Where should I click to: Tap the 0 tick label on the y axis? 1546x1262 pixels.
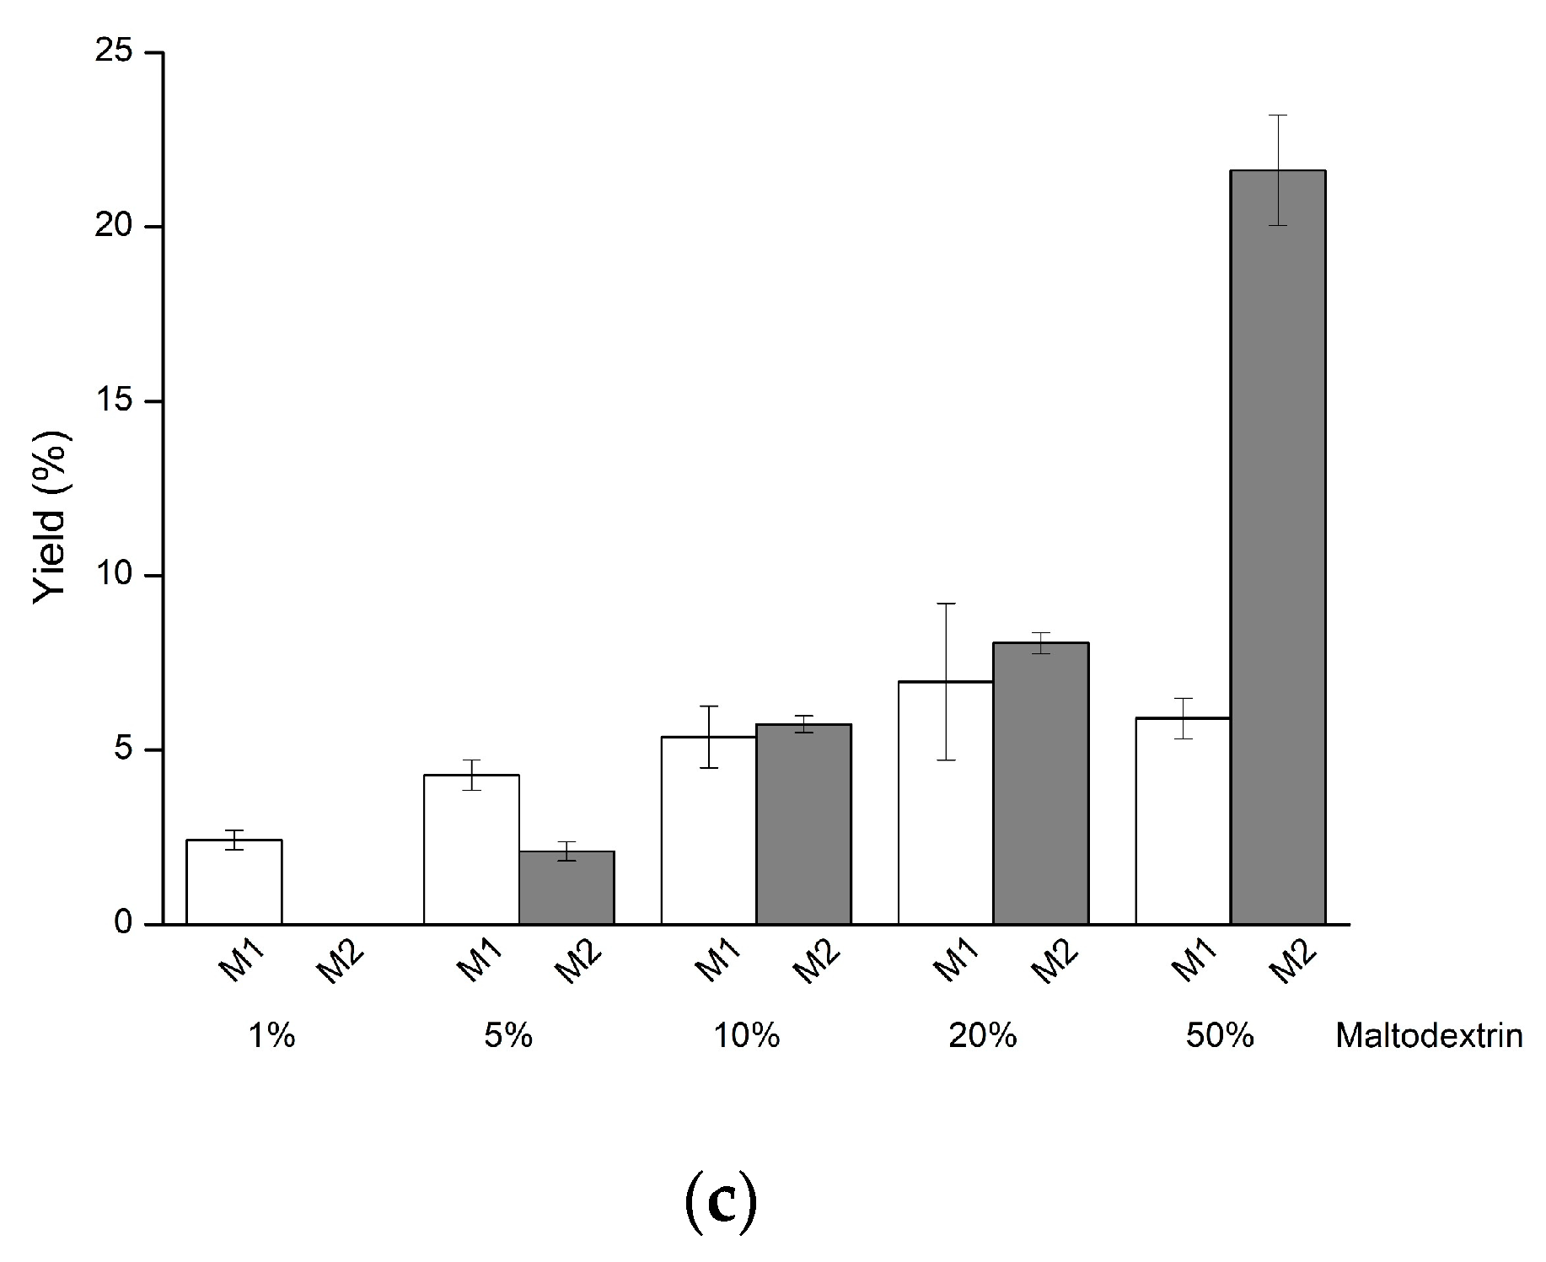124,924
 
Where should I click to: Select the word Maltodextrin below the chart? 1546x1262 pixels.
1429,1035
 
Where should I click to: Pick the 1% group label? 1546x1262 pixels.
271,1035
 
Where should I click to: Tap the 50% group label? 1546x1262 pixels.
1219,1035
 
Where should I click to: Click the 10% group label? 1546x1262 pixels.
746,1035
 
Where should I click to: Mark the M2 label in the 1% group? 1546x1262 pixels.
339,962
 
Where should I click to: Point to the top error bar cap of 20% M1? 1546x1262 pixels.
945,604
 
